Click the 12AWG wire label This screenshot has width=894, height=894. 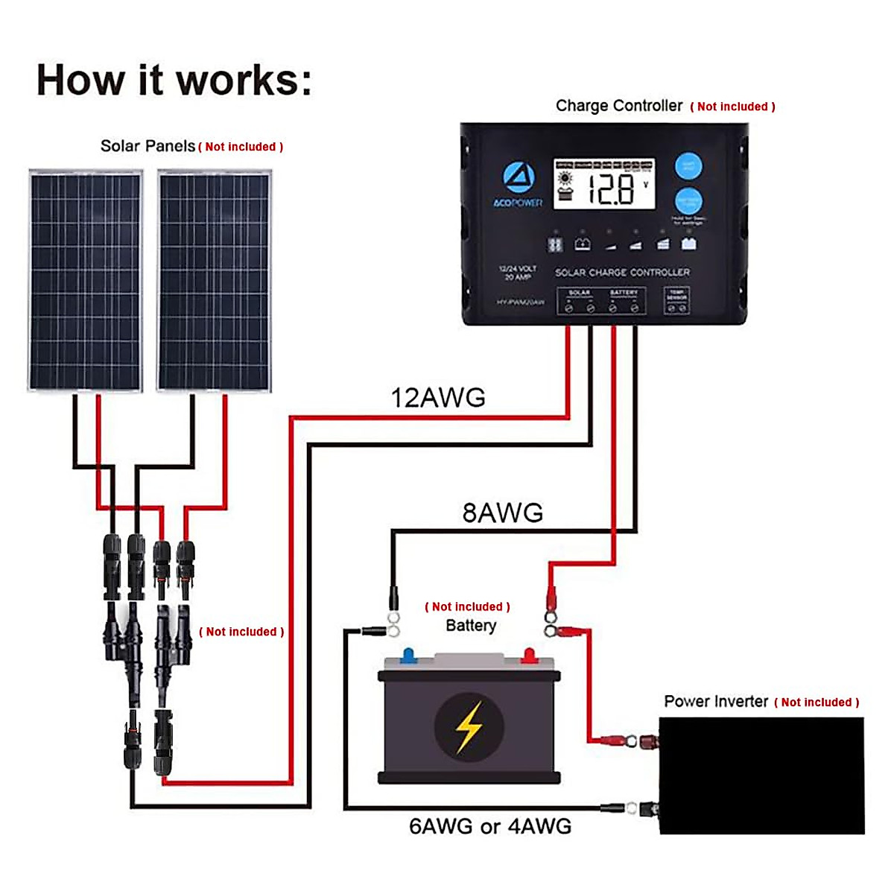tap(438, 398)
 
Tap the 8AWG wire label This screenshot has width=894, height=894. tap(503, 513)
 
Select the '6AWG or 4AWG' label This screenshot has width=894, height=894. tap(490, 826)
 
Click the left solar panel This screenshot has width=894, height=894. tap(86, 281)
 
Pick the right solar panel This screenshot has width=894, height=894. tap(214, 281)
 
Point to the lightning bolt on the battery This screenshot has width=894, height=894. tap(469, 726)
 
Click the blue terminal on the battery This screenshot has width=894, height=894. tap(408, 656)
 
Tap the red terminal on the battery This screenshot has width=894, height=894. tap(528, 656)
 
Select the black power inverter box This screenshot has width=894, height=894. tap(761, 775)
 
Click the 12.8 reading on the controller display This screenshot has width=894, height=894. tap(611, 189)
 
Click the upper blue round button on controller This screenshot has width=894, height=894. tap(688, 166)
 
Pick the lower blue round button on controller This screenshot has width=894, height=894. tap(688, 201)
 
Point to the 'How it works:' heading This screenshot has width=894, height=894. tap(174, 80)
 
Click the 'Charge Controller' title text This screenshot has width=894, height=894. tap(619, 106)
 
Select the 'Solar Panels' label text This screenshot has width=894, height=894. tap(148, 146)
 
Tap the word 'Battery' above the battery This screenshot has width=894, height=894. tap(471, 626)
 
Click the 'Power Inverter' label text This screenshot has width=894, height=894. tap(716, 702)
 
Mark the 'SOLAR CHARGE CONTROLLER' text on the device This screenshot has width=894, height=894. tap(622, 273)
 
